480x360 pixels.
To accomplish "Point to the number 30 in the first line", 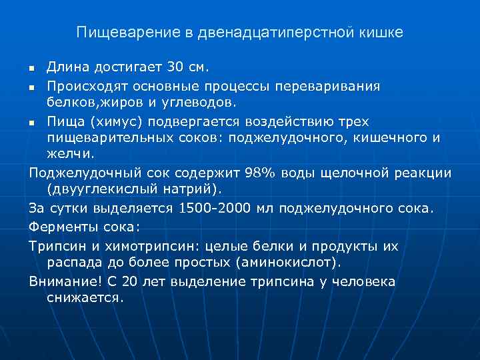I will (175, 67).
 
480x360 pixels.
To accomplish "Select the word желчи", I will (71, 153).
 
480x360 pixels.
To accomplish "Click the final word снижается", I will (85, 297).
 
